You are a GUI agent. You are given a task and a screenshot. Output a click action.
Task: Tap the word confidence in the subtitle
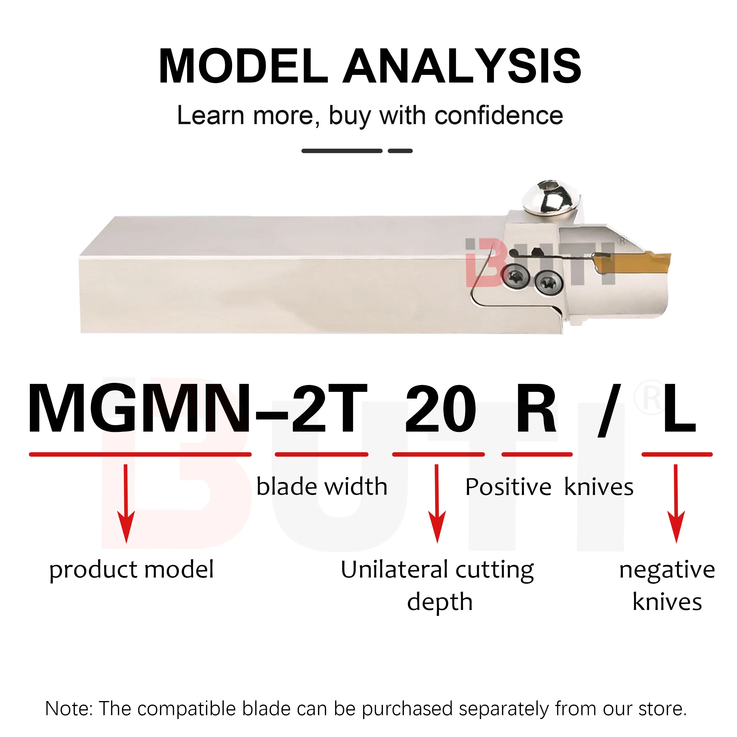pos(499,116)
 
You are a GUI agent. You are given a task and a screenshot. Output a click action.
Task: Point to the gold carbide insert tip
pos(649,263)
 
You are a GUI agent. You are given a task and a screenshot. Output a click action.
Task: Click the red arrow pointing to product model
pos(126,503)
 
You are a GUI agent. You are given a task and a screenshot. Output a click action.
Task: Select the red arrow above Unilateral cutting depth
pos(437,503)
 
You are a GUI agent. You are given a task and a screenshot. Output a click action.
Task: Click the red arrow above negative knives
pos(676,503)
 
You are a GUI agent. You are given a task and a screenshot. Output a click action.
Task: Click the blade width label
pos(322,487)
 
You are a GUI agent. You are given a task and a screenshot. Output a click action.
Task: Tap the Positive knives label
pos(549,487)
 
